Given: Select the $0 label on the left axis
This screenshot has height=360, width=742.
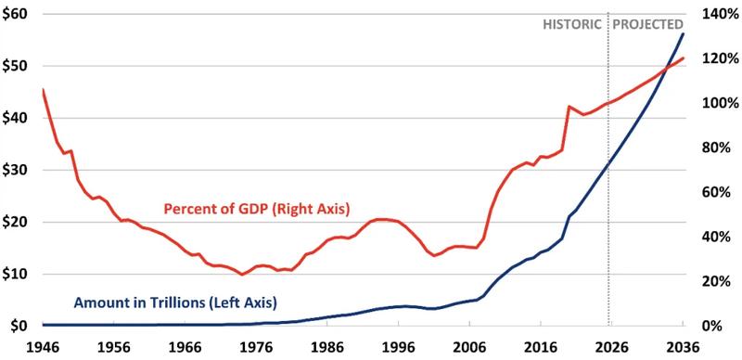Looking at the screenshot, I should point(19,326).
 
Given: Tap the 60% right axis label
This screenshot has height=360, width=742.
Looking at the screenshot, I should point(718,192).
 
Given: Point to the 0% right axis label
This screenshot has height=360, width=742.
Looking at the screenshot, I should point(714,326).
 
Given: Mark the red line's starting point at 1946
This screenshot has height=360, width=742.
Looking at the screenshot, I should point(43,89).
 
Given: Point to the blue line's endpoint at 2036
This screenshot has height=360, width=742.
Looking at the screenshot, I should point(684,33).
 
